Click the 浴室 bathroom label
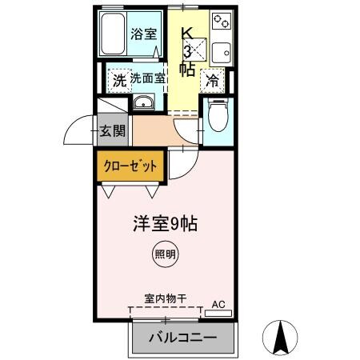tap(143, 36)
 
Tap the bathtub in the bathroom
tap(115, 34)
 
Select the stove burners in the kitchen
tap(221, 21)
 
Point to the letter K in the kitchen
tap(186, 33)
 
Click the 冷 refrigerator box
tap(213, 80)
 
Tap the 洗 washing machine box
tap(118, 80)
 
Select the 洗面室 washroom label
tap(147, 79)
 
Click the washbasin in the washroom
tap(144, 102)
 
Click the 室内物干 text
tap(166, 298)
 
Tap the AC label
tap(218, 304)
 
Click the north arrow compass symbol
tap(282, 338)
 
